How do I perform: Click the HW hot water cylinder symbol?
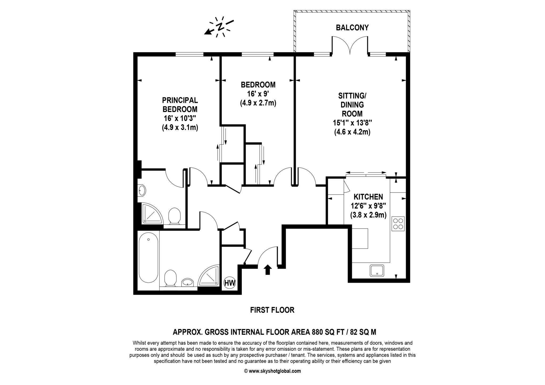pyautogui.click(x=230, y=283)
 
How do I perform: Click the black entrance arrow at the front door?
pyautogui.click(x=268, y=270)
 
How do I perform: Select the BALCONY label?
pyautogui.click(x=352, y=28)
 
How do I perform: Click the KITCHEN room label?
pyautogui.click(x=368, y=197)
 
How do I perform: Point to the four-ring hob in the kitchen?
pyautogui.click(x=398, y=223)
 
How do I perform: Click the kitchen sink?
pyautogui.click(x=377, y=271)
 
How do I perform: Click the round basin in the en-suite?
pyautogui.click(x=142, y=191)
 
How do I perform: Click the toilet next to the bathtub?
pyautogui.click(x=171, y=278)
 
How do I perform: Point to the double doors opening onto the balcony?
pyautogui.click(x=350, y=45)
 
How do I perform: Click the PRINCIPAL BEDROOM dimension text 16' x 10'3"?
pyautogui.click(x=180, y=118)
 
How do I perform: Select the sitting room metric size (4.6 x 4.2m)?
pyautogui.click(x=352, y=132)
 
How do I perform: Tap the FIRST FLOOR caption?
pyautogui.click(x=272, y=310)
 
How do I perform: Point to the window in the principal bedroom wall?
pyautogui.click(x=189, y=54)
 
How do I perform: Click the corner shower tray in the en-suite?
pyautogui.click(x=152, y=213)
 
